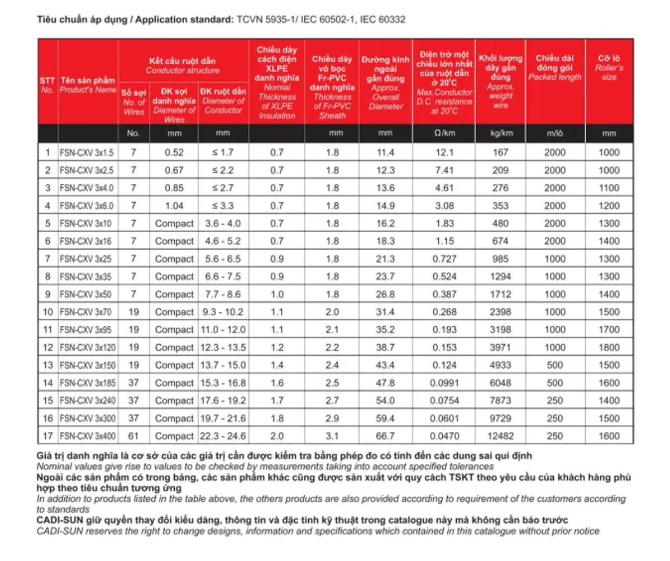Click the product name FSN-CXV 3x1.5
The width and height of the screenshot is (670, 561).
tap(87, 153)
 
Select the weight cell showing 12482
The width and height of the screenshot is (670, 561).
tap(501, 436)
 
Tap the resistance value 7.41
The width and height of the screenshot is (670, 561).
tap(444, 170)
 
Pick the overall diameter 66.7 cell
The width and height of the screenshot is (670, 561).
tap(385, 436)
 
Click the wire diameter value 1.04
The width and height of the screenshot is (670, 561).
tap(174, 206)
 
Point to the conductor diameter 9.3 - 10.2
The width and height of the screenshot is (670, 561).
tap(223, 312)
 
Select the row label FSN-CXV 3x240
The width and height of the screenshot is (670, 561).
tap(88, 401)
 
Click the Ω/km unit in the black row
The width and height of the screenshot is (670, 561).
tap(444, 134)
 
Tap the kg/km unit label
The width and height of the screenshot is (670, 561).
tap(501, 134)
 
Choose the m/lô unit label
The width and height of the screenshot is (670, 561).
tap(555, 134)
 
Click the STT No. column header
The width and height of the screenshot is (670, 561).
tap(47, 85)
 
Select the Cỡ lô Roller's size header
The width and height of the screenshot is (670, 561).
tap(609, 67)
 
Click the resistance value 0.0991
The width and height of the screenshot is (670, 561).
tap(444, 383)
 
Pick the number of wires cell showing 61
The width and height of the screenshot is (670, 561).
tap(133, 436)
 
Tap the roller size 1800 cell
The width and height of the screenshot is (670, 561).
tap(609, 348)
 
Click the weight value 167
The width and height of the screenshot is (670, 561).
tap(501, 153)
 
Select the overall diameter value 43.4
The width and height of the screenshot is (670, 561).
tap(385, 365)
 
